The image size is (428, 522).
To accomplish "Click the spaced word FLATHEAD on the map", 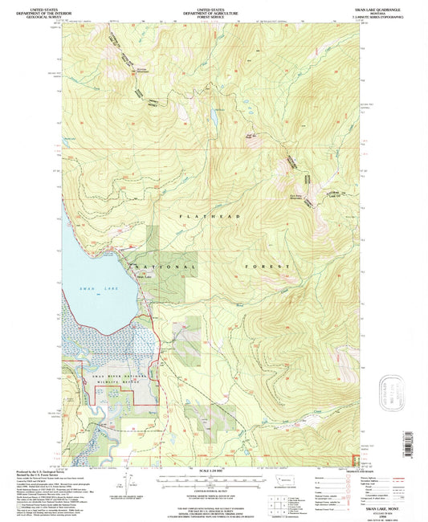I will click(202, 217).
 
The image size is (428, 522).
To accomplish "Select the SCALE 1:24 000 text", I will click(213, 469).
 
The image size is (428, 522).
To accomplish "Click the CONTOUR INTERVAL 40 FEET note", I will click(213, 487).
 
